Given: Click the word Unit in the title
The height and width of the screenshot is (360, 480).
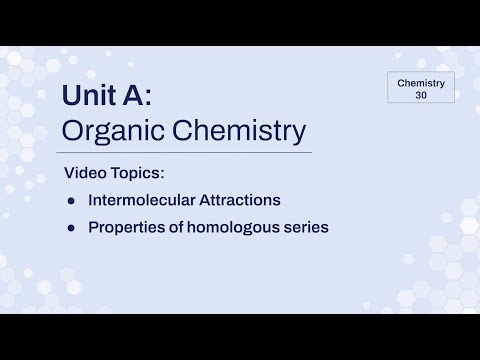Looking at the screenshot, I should [x=95, y=96].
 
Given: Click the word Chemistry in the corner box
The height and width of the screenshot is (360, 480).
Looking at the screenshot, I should [x=420, y=81].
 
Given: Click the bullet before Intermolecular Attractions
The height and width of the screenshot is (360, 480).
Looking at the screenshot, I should [x=71, y=200].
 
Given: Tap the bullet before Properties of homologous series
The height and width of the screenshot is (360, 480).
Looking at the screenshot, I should [x=71, y=228].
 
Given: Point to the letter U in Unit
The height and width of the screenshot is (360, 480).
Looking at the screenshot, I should [x=73, y=96].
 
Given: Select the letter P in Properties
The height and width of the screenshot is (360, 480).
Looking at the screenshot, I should [x=93, y=228].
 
